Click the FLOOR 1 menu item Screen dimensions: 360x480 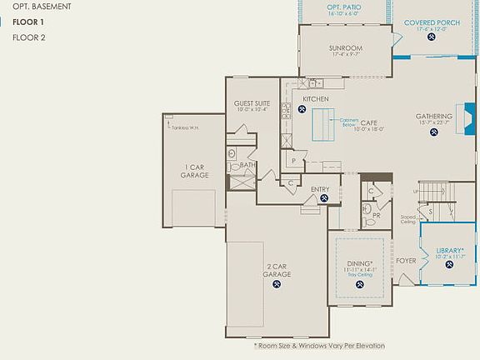tap(29, 22)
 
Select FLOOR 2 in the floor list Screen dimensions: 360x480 tap(29, 37)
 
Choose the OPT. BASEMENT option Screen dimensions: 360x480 tap(41, 7)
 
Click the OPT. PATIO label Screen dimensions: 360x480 tap(343, 7)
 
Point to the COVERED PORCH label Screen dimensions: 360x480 tap(431, 22)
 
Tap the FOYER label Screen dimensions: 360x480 tap(406, 261)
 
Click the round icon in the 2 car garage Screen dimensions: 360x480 tap(277, 284)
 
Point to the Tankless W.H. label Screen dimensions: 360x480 tap(187, 127)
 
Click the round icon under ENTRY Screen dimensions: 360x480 tap(321, 198)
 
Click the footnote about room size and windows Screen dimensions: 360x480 tap(319, 346)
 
